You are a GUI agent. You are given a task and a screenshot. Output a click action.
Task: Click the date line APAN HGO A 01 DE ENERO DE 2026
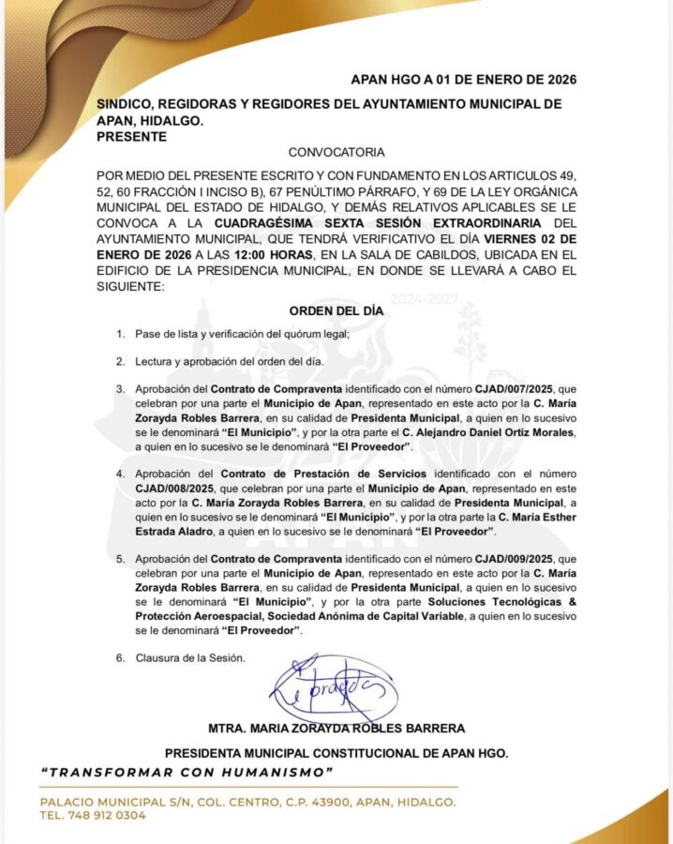[463, 80]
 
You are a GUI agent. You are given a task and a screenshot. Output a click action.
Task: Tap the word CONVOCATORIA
[336, 152]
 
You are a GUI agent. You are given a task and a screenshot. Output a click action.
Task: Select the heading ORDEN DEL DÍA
[336, 312]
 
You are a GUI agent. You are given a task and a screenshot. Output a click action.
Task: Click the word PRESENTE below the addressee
[131, 136]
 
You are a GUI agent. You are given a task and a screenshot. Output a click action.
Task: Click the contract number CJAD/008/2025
[174, 488]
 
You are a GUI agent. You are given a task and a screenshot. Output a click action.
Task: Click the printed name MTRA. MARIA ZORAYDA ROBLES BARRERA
[336, 729]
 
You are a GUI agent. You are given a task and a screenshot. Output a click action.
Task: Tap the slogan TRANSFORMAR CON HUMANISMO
[187, 772]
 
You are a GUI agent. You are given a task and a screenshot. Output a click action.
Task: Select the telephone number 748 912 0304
[105, 816]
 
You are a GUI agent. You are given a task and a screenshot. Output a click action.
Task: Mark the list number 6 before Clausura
[120, 657]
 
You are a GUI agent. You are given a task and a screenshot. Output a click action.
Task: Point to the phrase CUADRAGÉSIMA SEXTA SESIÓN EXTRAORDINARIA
[377, 223]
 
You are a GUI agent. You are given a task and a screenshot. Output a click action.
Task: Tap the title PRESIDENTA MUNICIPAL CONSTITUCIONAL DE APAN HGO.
[336, 752]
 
